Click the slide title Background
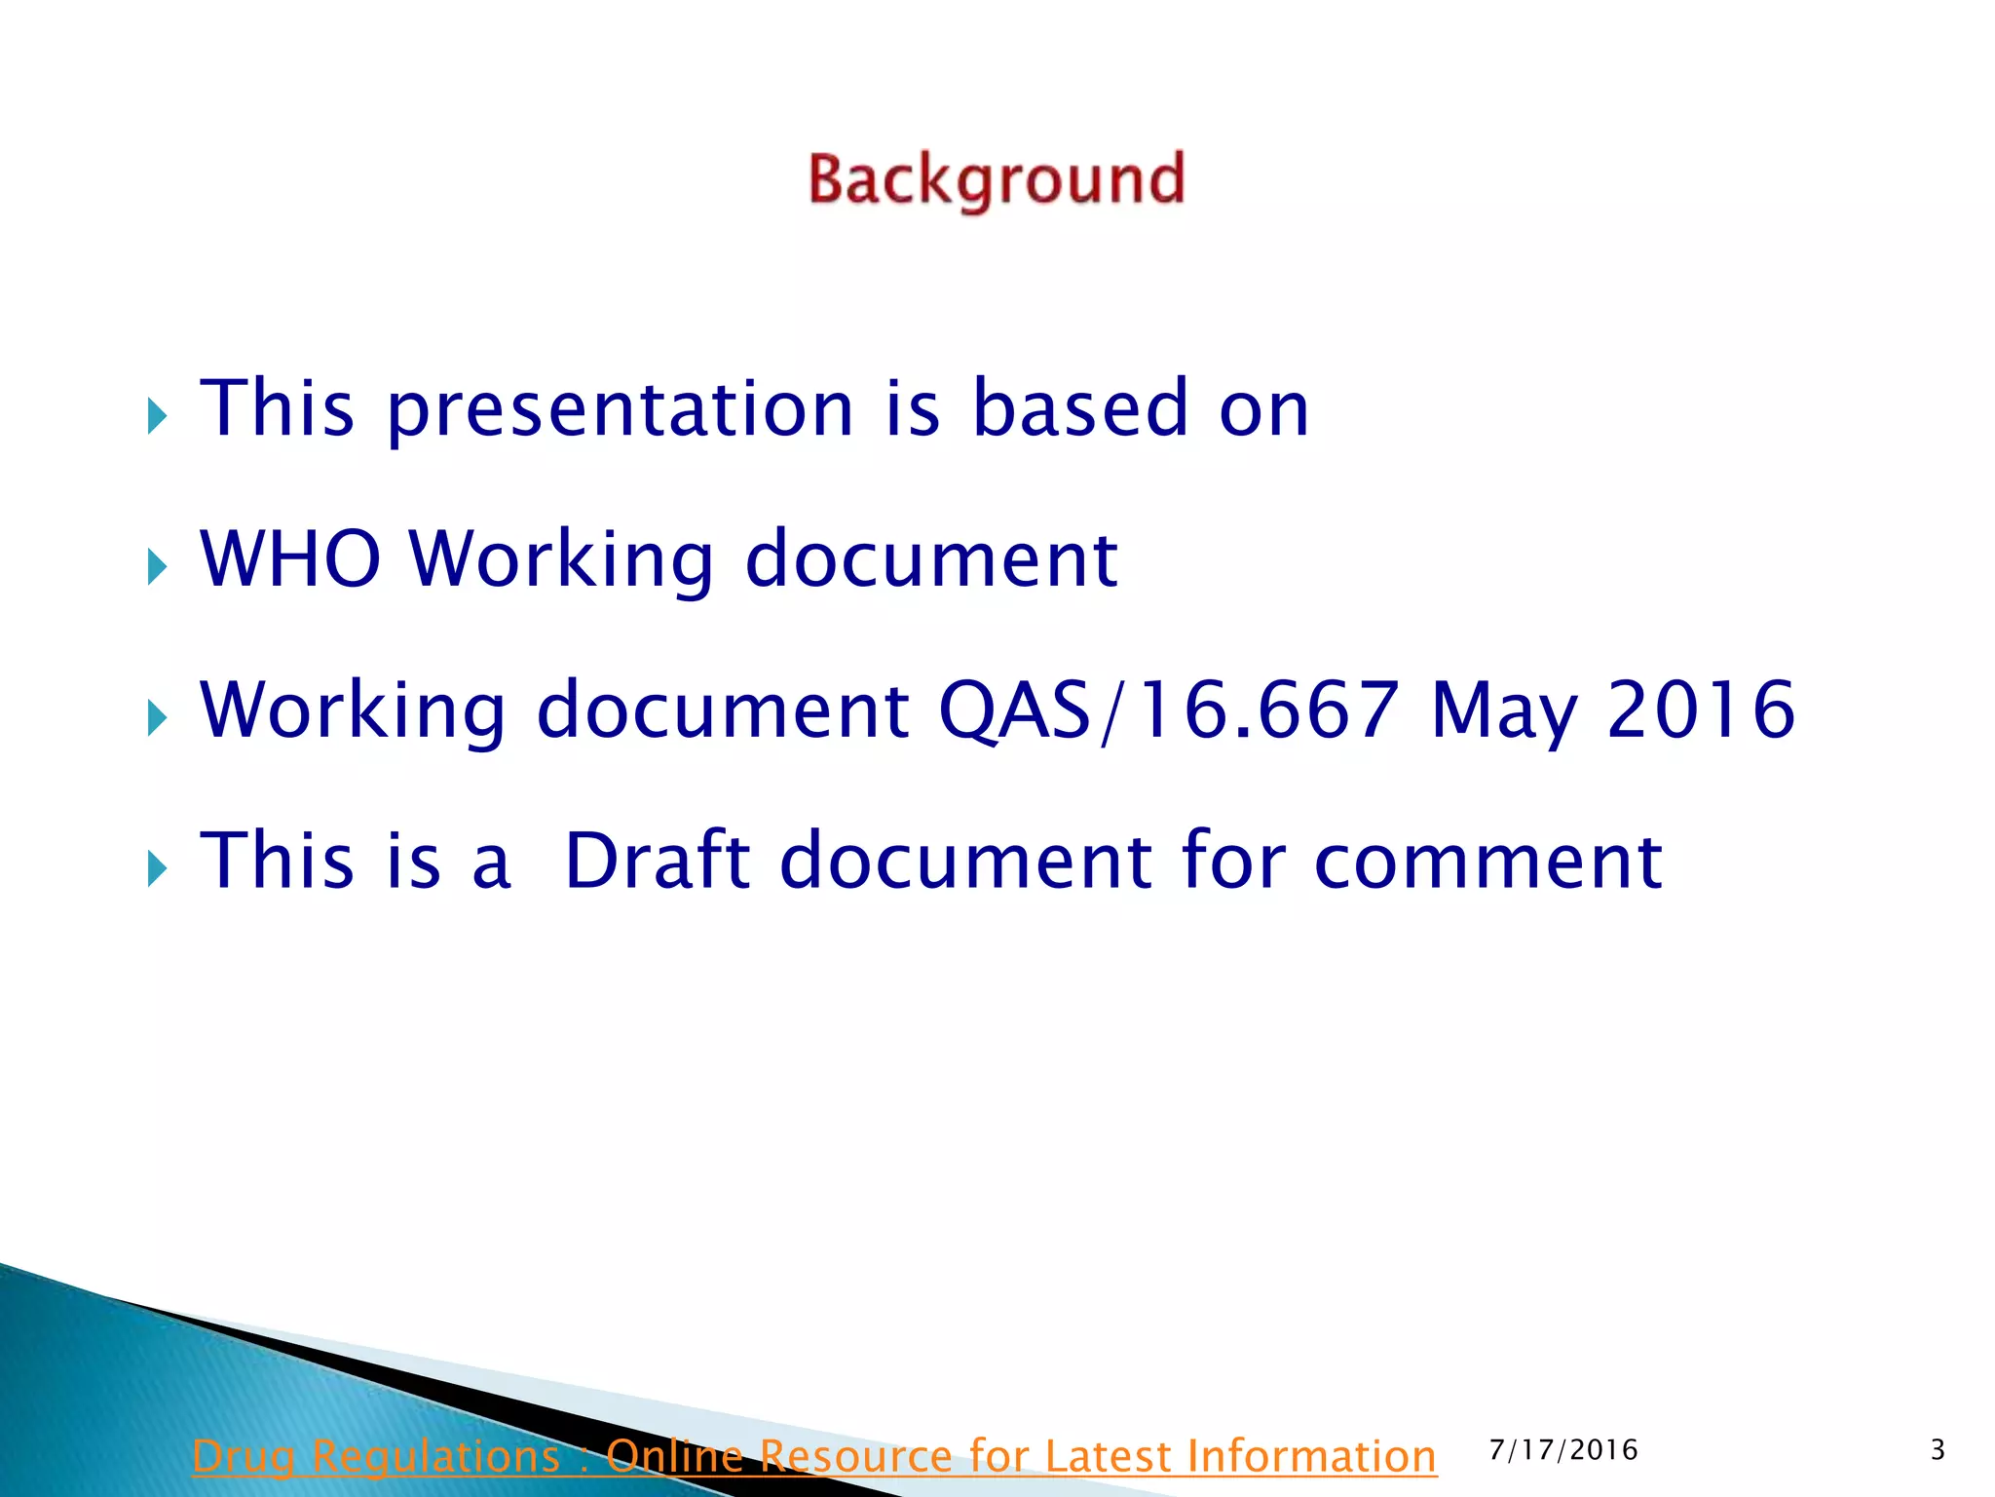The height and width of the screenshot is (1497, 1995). pyautogui.click(x=996, y=180)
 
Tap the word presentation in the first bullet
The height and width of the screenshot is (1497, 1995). pyautogui.click(x=621, y=408)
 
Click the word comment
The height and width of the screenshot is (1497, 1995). pyautogui.click(x=1487, y=862)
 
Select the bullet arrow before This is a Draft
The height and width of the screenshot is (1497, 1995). pyautogui.click(x=158, y=867)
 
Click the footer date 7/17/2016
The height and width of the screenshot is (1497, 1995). pyautogui.click(x=1563, y=1450)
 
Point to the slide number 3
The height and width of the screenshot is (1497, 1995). pyautogui.click(x=1938, y=1450)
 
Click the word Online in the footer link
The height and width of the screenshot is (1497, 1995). pyautogui.click(x=674, y=1457)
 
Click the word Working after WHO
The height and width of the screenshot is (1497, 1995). pyautogui.click(x=562, y=560)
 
